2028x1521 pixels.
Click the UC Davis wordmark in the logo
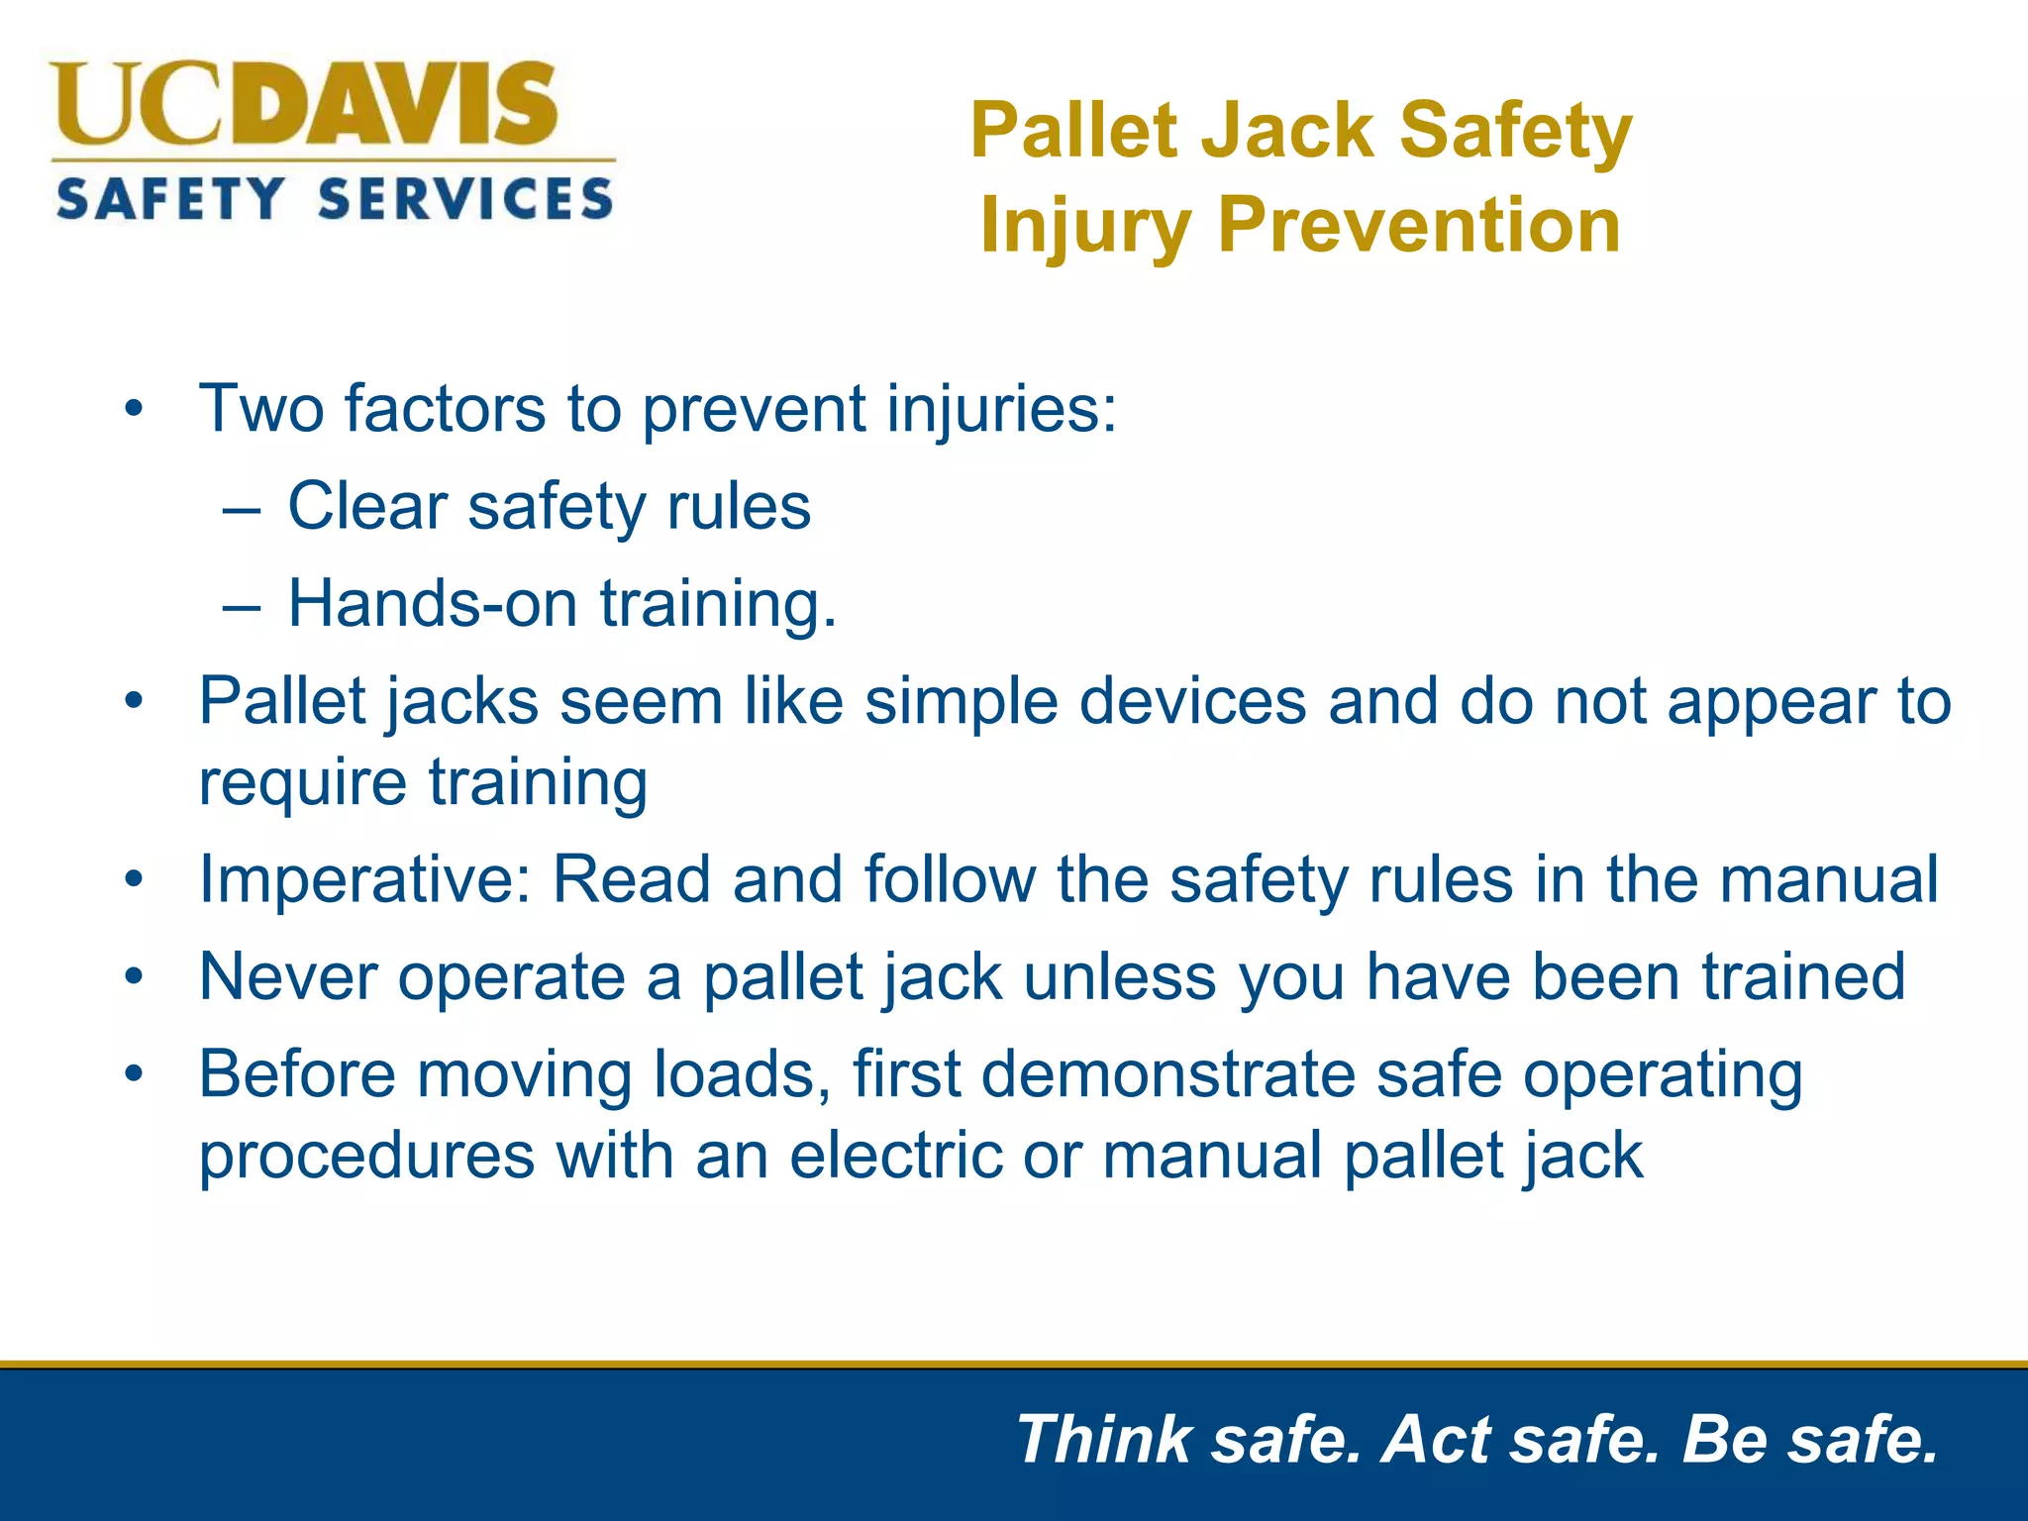(305, 104)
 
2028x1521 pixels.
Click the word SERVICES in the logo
(465, 199)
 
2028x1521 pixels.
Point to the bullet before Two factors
(135, 409)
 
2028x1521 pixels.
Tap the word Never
(288, 977)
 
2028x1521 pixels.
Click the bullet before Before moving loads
(135, 1074)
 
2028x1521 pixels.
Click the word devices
(1192, 702)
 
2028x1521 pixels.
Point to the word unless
(1119, 977)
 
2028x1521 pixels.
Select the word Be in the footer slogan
(1724, 1439)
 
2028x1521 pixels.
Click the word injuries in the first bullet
(1001, 409)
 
